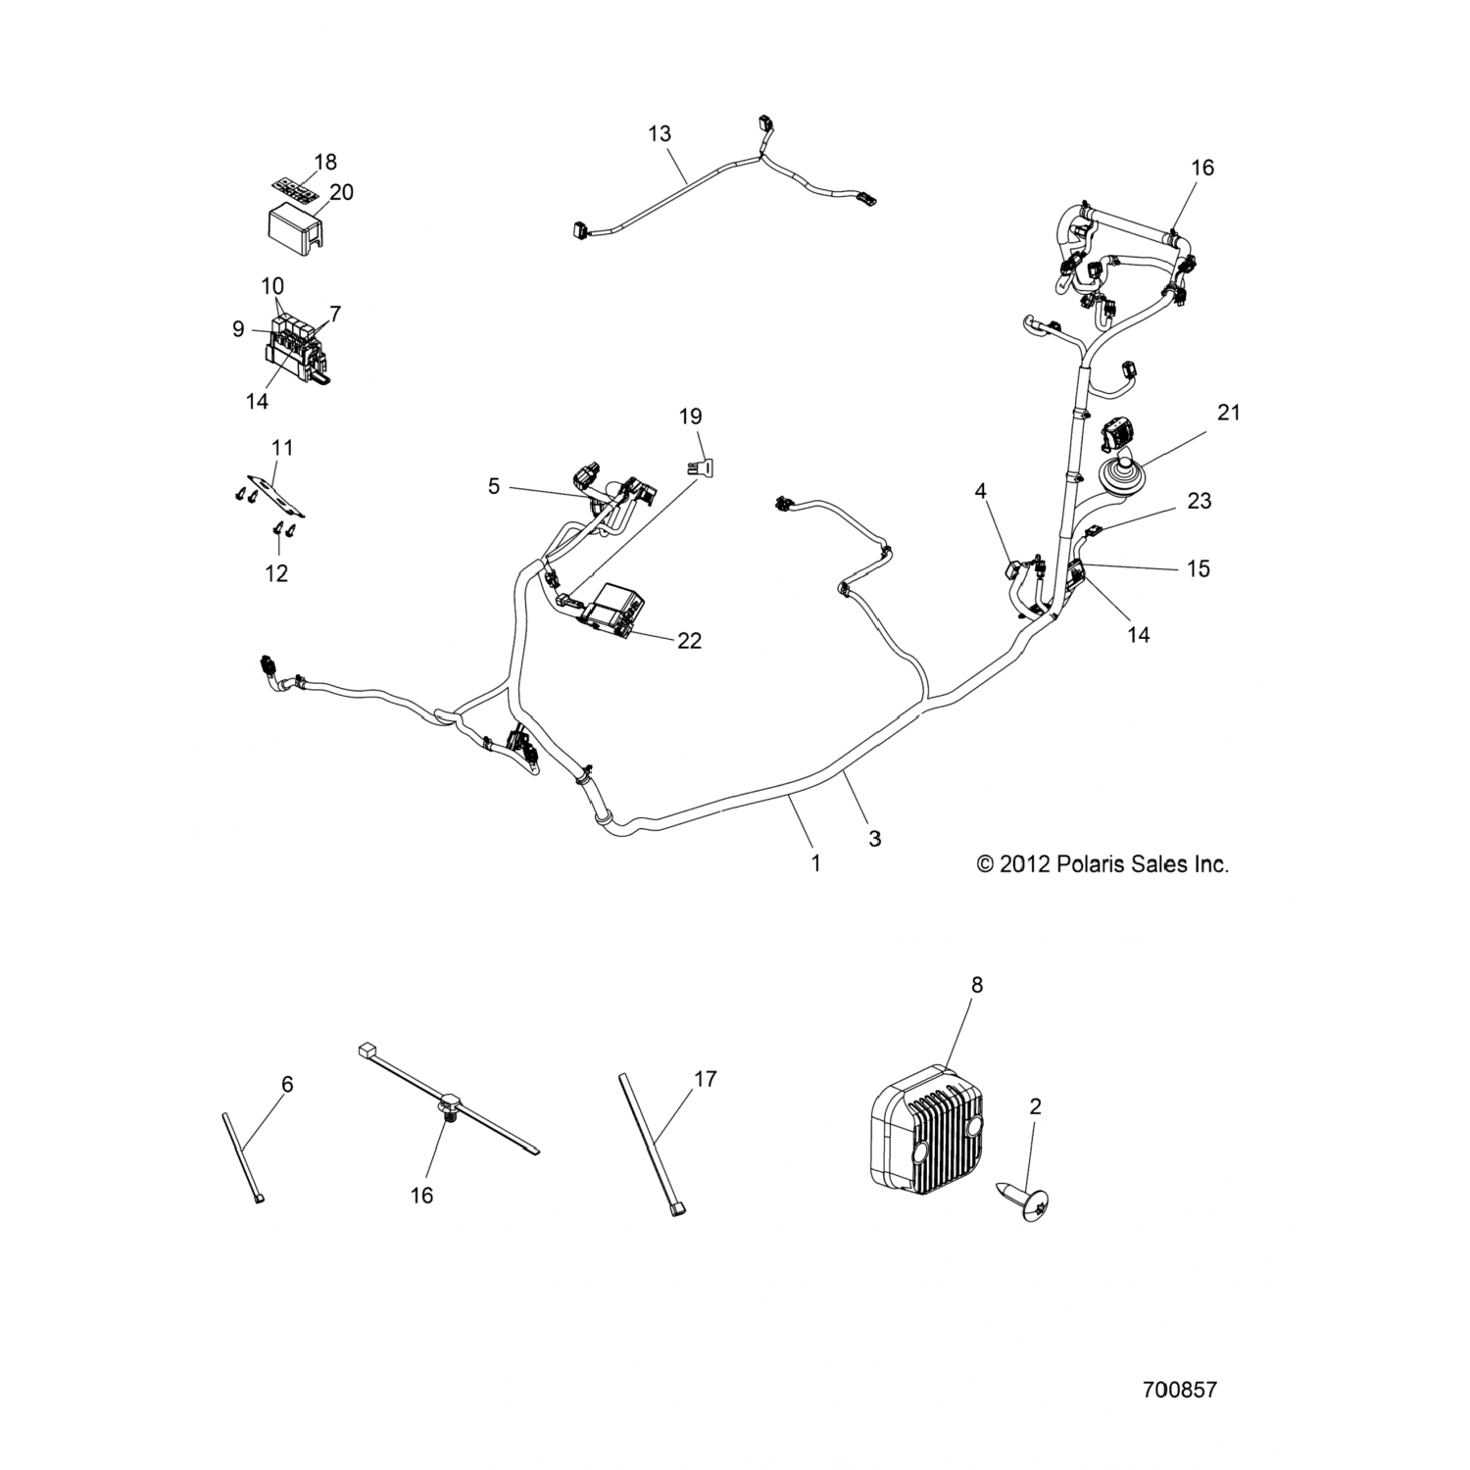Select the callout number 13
[660, 133]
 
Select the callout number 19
[690, 416]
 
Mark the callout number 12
[277, 573]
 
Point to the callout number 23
[1199, 501]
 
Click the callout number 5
[494, 485]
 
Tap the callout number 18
[324, 162]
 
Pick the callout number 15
[1198, 568]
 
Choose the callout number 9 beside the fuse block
[238, 329]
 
